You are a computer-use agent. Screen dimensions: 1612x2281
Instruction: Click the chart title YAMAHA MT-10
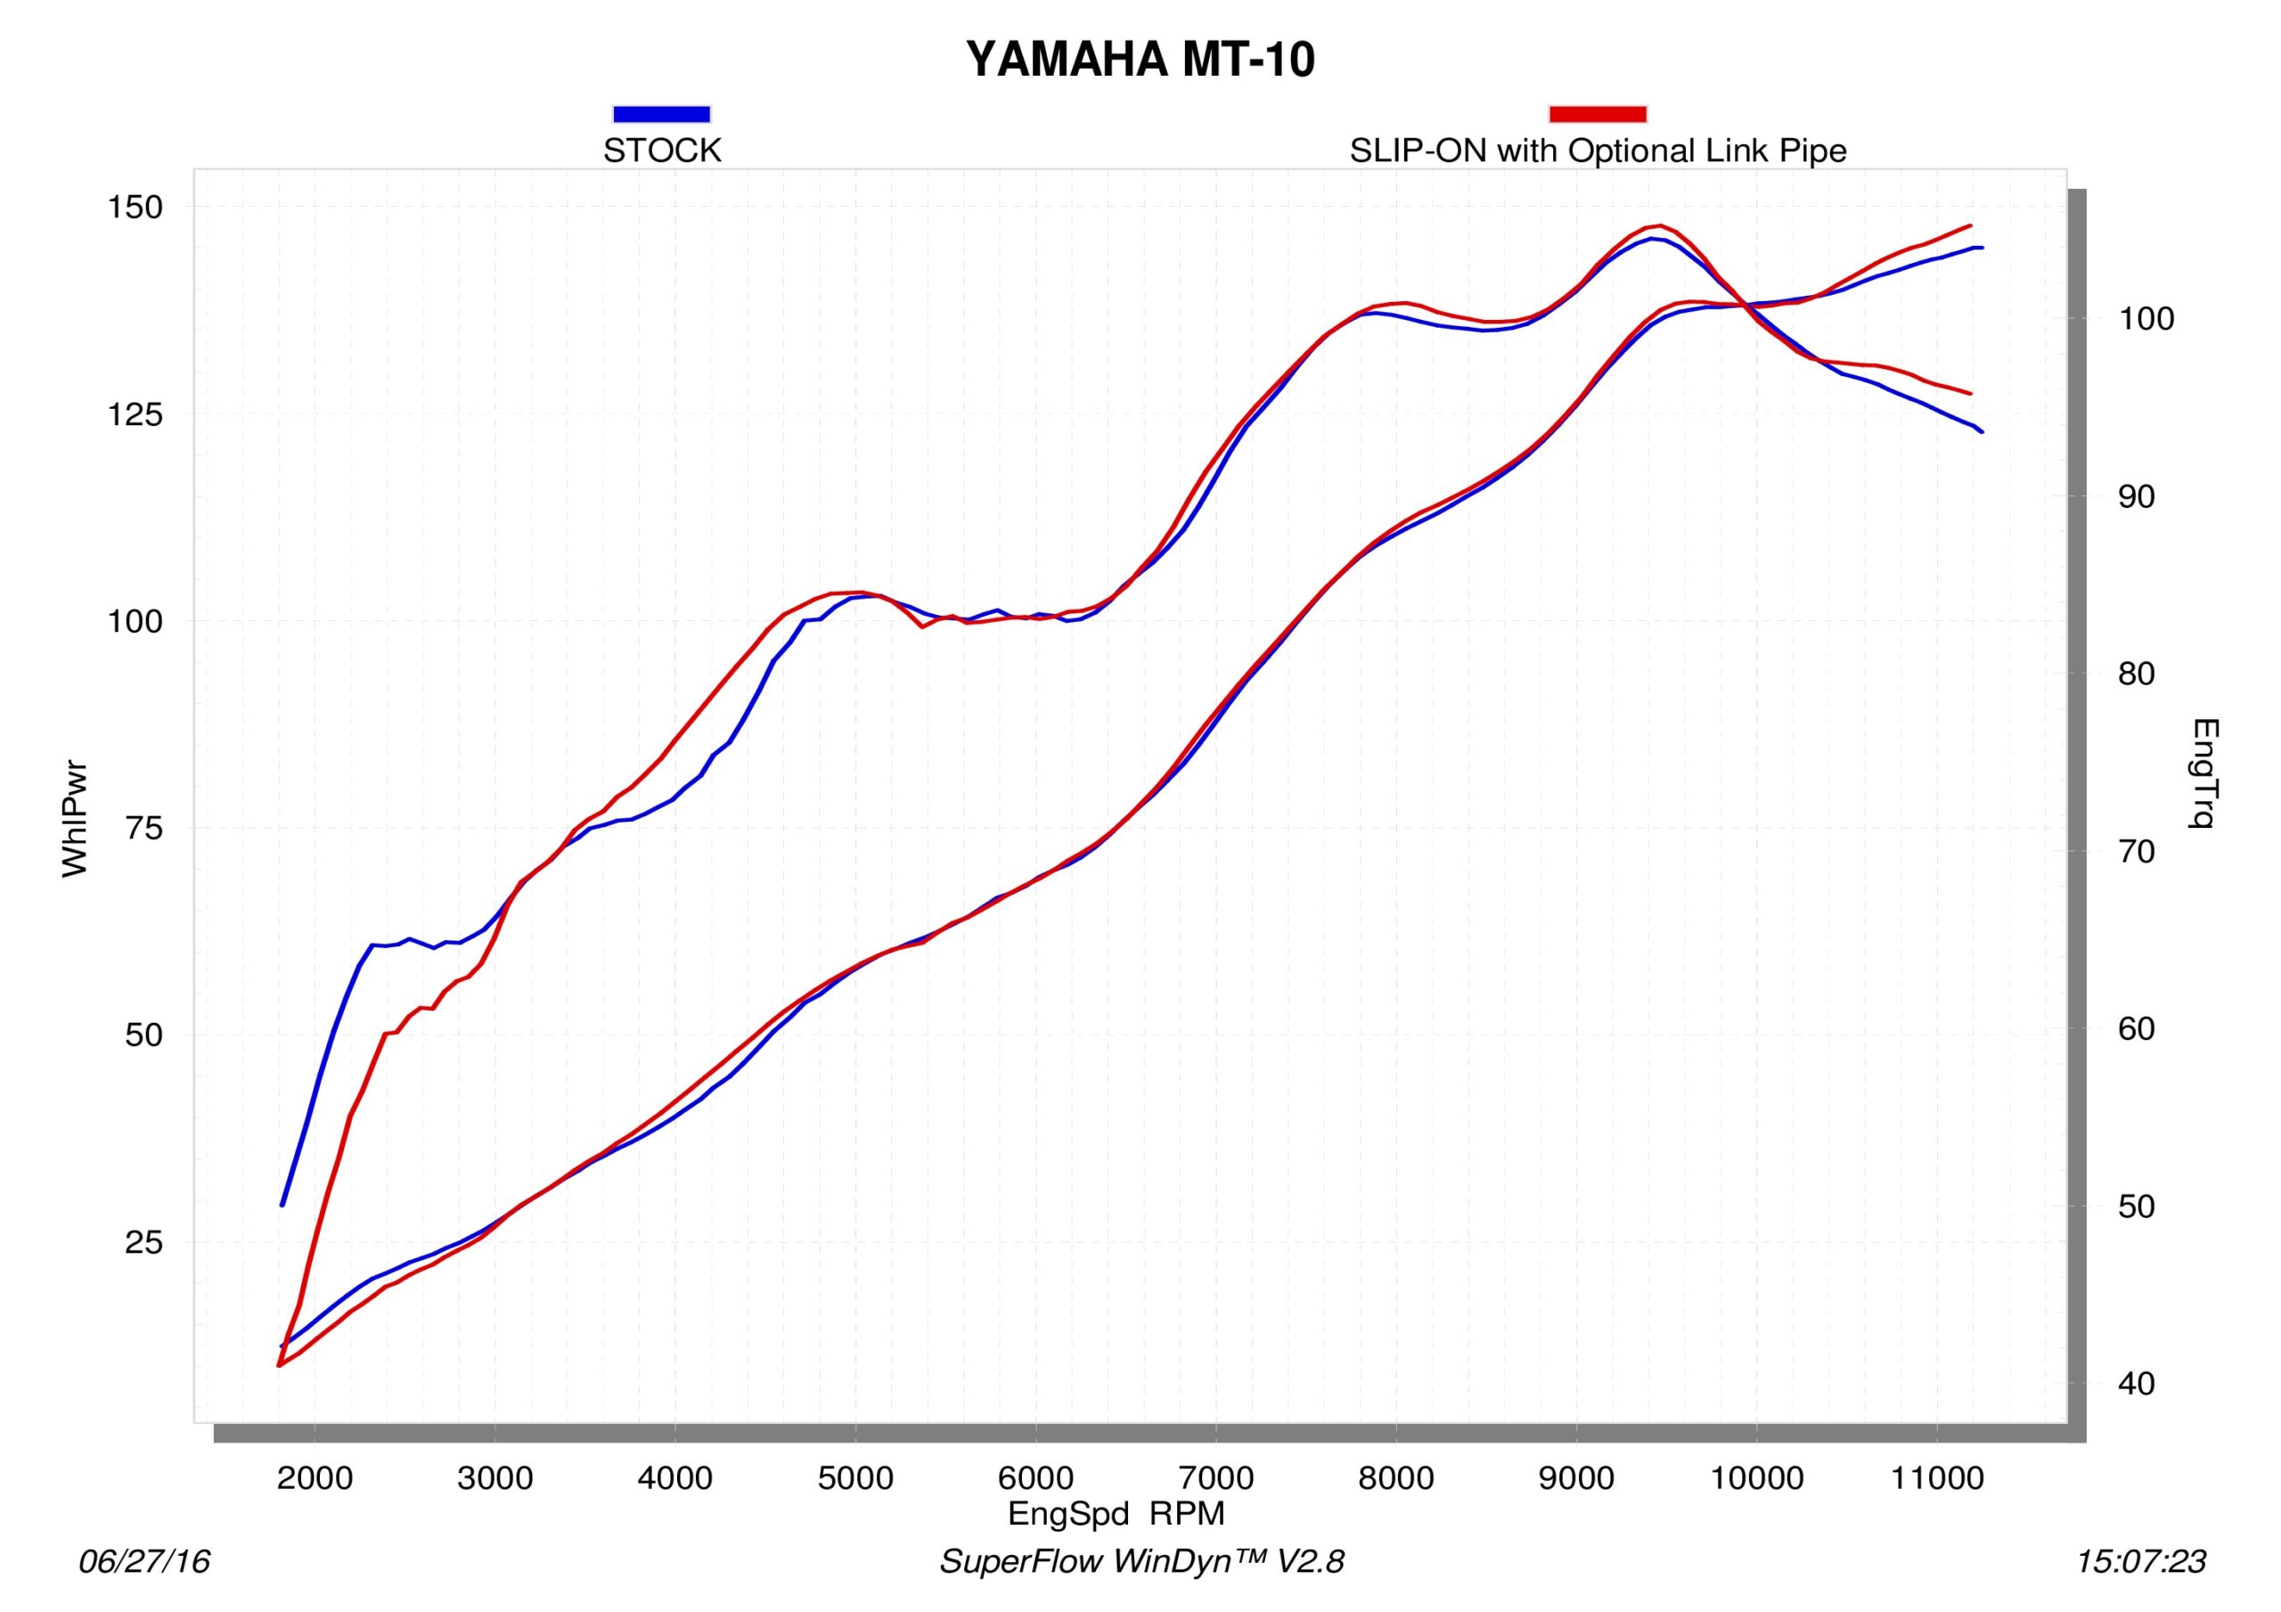(1140, 60)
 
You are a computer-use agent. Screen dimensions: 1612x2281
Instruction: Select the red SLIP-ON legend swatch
(1597, 114)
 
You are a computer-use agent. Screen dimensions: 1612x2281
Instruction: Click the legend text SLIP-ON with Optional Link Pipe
(1597, 151)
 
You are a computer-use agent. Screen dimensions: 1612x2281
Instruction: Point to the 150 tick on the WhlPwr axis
(135, 208)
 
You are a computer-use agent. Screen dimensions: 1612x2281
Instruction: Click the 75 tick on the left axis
(144, 828)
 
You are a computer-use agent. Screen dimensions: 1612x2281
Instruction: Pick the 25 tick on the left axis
(144, 1242)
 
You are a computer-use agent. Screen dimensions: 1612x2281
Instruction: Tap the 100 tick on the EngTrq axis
(2146, 319)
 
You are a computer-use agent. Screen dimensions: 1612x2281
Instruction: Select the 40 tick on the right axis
(2136, 1383)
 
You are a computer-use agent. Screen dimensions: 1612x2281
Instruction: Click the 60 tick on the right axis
(2136, 1028)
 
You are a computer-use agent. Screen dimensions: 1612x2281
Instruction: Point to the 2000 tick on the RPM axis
(314, 1477)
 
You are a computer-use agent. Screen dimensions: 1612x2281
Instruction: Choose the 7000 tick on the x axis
(1216, 1477)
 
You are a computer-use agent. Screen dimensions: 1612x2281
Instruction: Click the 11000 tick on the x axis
(1936, 1477)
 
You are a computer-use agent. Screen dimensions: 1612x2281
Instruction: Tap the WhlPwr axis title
(76, 819)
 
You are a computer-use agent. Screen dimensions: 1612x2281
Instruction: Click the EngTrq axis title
(2203, 773)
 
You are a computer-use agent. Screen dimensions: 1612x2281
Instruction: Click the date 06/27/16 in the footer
(144, 1561)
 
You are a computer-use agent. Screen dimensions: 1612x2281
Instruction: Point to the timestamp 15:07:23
(2140, 1561)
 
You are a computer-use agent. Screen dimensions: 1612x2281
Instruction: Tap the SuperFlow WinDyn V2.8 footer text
(1141, 1561)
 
